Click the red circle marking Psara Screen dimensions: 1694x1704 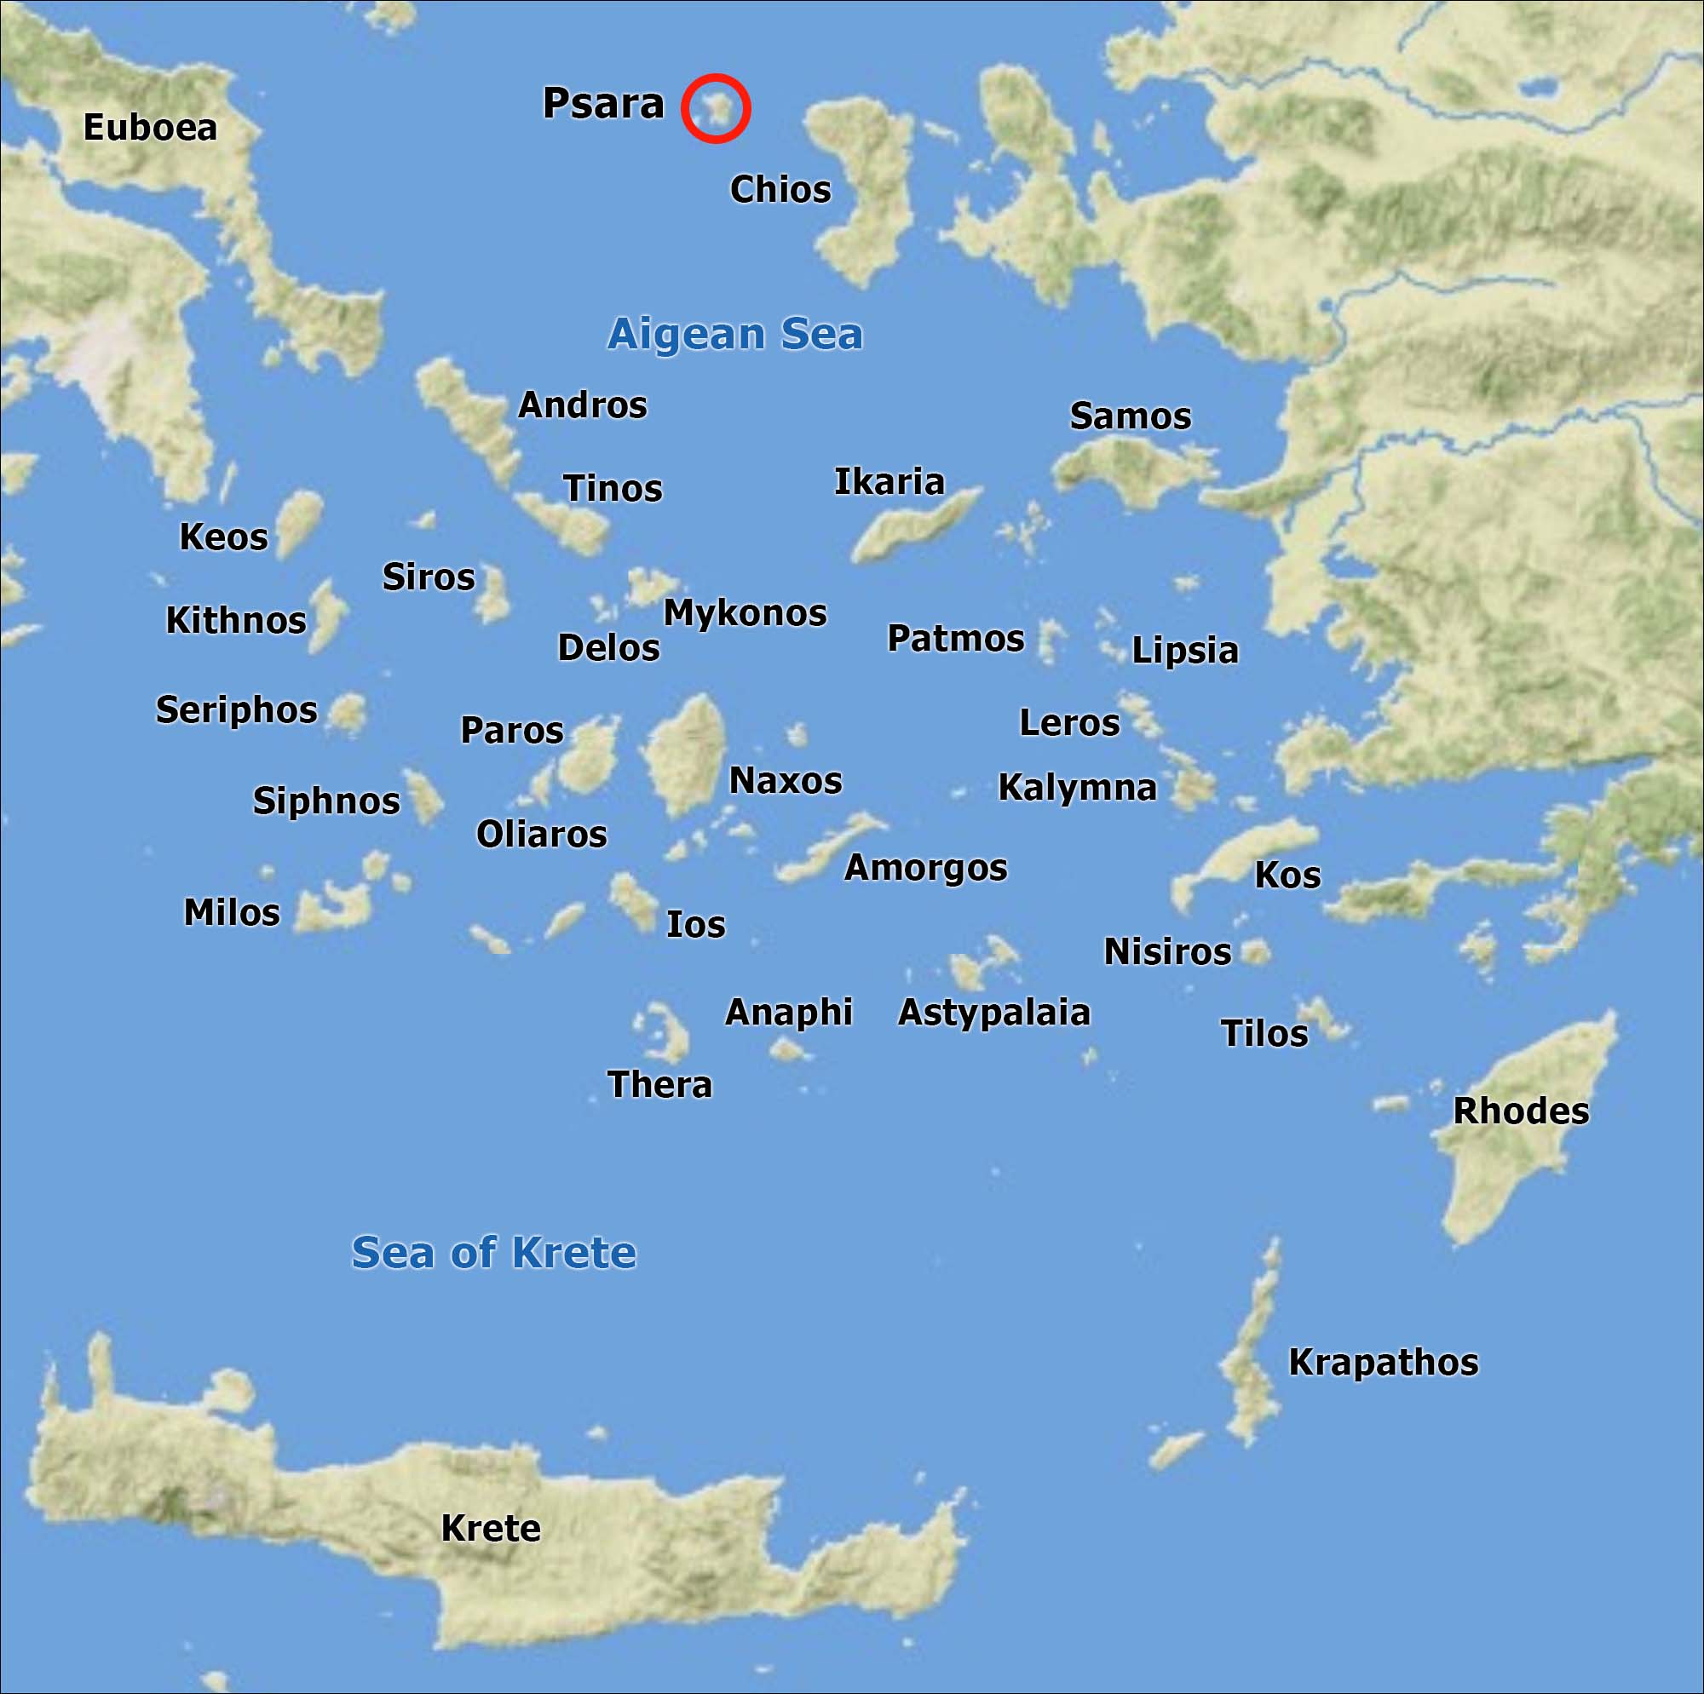(x=716, y=107)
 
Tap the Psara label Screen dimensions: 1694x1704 (x=602, y=103)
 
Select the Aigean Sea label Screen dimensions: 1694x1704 (x=734, y=333)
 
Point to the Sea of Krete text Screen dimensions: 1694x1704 (x=493, y=1252)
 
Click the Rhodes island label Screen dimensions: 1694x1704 (x=1521, y=1111)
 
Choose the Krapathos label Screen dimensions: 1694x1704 (x=1383, y=1363)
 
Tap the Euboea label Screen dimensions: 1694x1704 (x=150, y=128)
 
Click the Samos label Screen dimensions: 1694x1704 (x=1130, y=416)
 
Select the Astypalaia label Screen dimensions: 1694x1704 (x=994, y=1013)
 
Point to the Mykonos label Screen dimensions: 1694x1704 (x=745, y=613)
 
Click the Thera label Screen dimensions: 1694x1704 (x=659, y=1085)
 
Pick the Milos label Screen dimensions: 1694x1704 (x=231, y=913)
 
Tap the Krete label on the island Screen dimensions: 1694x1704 (x=491, y=1528)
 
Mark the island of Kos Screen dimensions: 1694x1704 (x=1244, y=855)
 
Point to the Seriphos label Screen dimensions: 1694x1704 (x=236, y=709)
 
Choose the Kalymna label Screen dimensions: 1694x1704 (x=1077, y=788)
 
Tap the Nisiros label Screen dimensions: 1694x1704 (x=1167, y=952)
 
